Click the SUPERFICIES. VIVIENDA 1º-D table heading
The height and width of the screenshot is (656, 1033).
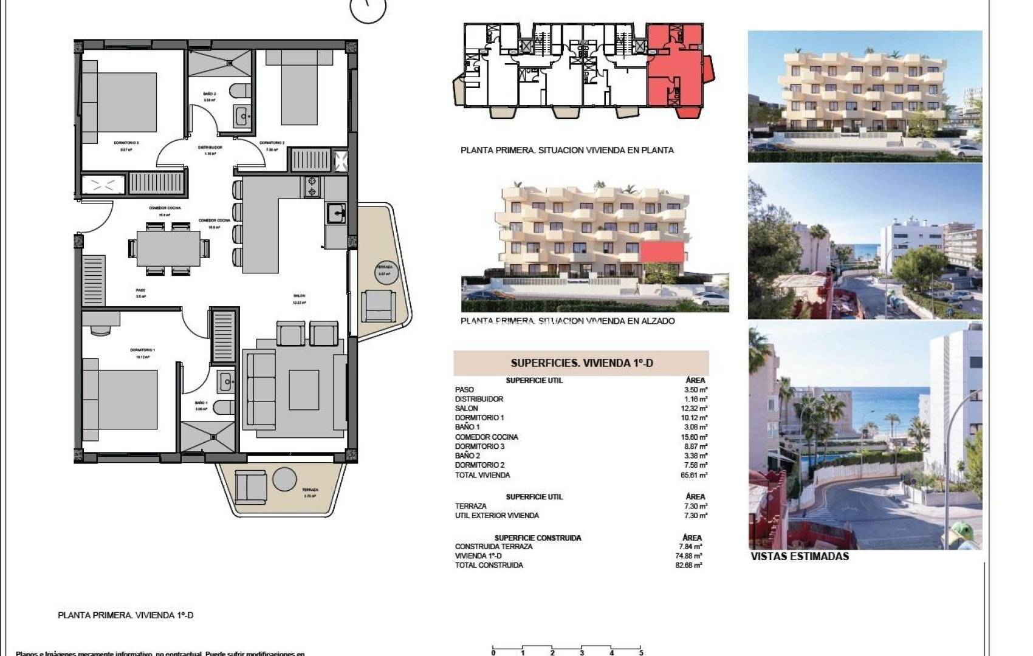click(x=582, y=363)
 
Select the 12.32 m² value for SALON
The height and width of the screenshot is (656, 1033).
click(x=695, y=409)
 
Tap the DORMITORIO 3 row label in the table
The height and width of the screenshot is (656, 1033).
click(x=479, y=446)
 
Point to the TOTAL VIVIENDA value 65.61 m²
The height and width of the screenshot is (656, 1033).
click(x=694, y=475)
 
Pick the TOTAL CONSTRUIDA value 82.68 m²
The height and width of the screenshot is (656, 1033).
click(x=690, y=565)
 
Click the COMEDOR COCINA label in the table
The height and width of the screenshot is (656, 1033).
click(x=486, y=437)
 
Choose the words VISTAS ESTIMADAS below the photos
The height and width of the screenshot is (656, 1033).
click(x=800, y=556)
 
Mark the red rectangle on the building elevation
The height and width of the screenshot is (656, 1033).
click(x=661, y=253)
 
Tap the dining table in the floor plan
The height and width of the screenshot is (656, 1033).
click(x=168, y=248)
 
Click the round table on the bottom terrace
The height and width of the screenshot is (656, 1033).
click(x=284, y=479)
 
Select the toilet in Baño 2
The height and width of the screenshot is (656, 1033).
click(x=240, y=91)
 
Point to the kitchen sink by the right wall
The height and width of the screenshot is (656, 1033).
click(x=335, y=213)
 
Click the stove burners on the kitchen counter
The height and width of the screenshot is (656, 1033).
click(x=312, y=186)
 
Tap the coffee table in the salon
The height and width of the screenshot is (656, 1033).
click(x=304, y=389)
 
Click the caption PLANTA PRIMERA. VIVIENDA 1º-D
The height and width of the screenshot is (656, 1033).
click(x=125, y=615)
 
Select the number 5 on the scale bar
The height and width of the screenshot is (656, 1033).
click(x=641, y=653)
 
